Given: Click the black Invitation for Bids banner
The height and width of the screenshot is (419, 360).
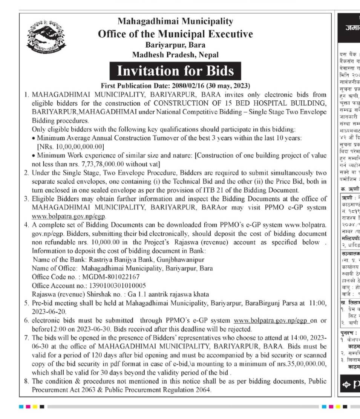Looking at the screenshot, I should pos(175,71).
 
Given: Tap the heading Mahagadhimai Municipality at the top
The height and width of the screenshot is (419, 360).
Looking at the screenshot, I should pos(175,21).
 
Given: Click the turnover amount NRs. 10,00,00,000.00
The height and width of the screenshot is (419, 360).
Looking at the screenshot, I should pos(70,146).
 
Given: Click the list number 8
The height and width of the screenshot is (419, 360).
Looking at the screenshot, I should pos(26,381).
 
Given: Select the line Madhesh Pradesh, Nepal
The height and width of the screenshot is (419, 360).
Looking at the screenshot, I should pos(175,55).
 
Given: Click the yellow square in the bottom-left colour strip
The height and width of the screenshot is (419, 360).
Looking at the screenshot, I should pos(35,407).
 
